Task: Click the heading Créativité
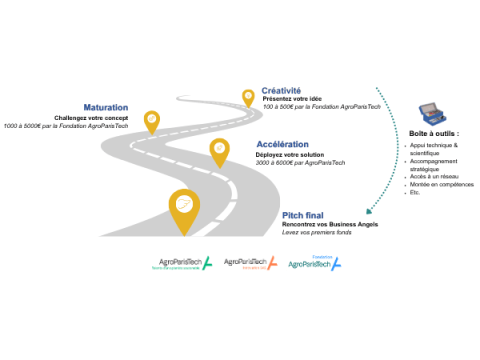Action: pyautogui.click(x=281, y=90)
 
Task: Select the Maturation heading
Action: pyautogui.click(x=106, y=107)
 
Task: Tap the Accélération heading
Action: pyautogui.click(x=282, y=145)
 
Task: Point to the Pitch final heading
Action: pyautogui.click(x=303, y=215)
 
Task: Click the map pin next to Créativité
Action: pyautogui.click(x=248, y=97)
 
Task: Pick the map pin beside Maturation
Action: pyautogui.click(x=152, y=121)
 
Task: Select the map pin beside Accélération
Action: pyautogui.click(x=219, y=151)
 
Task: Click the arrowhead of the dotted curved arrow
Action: pyautogui.click(x=369, y=210)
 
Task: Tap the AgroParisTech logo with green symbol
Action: pyautogui.click(x=180, y=263)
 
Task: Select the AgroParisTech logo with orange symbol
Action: pyautogui.click(x=251, y=262)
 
